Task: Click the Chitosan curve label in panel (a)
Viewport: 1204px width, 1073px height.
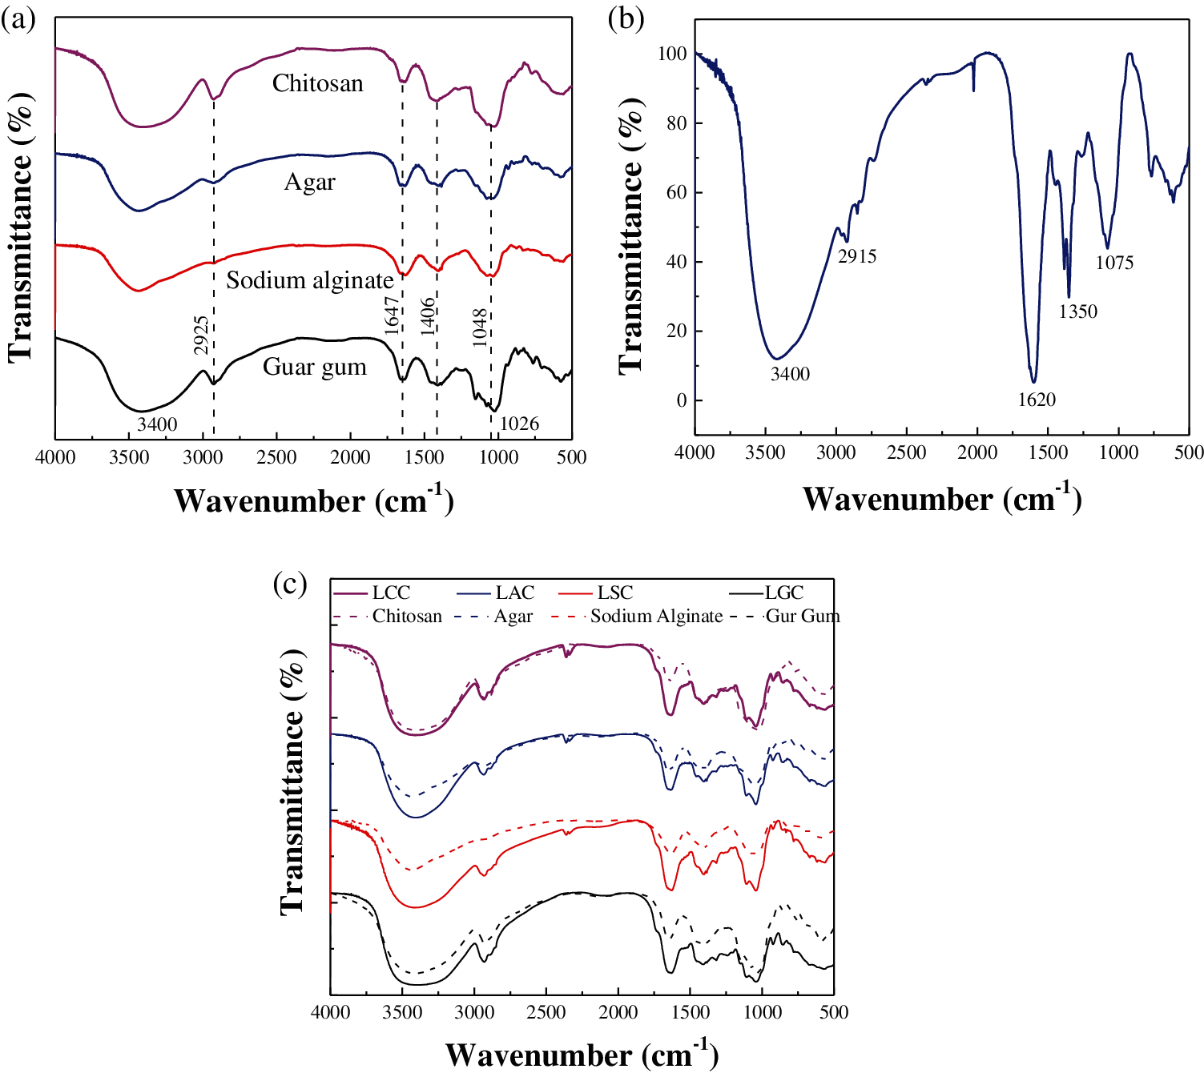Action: coord(317,83)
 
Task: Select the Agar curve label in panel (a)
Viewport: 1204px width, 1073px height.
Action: coord(309,183)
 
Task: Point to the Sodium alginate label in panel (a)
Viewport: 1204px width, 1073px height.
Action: coord(309,280)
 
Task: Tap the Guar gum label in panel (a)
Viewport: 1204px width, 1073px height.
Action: coord(314,367)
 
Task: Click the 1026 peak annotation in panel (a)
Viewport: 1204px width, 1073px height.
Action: coord(519,424)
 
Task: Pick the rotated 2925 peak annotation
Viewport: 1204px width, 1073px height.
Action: coord(201,335)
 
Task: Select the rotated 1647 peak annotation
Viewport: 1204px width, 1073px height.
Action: coord(392,315)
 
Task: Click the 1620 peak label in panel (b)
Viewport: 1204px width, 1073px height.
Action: coord(1037,400)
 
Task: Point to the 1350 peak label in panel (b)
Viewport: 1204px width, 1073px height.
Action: coord(1077,311)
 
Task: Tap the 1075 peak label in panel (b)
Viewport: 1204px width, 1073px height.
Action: coord(1114,263)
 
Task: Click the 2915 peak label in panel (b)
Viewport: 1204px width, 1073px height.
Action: coord(857,256)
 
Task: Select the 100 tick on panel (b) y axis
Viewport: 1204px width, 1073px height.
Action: coord(672,54)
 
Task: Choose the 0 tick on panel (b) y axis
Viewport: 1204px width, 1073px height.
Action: coord(681,400)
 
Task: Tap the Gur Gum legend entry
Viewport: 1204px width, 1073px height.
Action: coord(802,616)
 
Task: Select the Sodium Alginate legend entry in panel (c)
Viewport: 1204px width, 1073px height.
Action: coord(656,616)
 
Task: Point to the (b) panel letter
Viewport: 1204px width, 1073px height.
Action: coord(626,18)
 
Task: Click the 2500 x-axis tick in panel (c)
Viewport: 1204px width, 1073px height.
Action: coord(546,1012)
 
